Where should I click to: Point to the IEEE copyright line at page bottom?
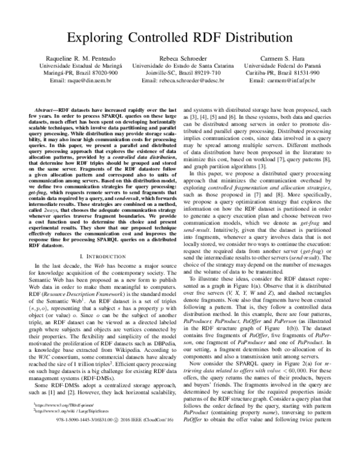coord(181,455)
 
